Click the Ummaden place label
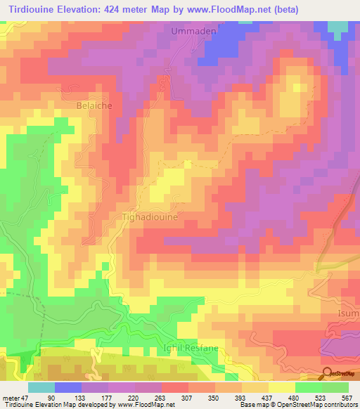(x=193, y=32)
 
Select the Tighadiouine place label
(x=150, y=218)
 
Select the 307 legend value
(x=189, y=397)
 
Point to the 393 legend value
(x=243, y=397)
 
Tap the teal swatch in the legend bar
(x=41, y=387)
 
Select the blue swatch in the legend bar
(x=68, y=387)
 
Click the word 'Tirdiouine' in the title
(x=33, y=9)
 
